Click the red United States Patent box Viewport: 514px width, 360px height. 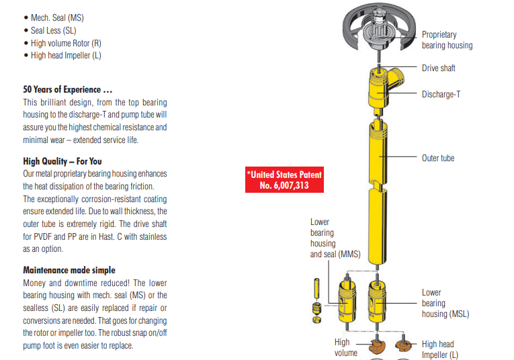[x=284, y=180]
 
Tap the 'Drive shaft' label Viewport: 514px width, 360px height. [x=438, y=69]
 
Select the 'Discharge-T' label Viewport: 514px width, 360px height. [x=441, y=95]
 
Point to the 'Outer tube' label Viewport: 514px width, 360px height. [x=438, y=159]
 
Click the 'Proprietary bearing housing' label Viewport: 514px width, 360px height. [x=447, y=40]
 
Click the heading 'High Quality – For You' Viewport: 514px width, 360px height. [x=62, y=161]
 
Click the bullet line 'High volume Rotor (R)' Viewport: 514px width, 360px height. [x=65, y=43]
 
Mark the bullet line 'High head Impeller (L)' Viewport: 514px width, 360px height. [x=65, y=56]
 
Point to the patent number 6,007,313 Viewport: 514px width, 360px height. [x=284, y=185]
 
